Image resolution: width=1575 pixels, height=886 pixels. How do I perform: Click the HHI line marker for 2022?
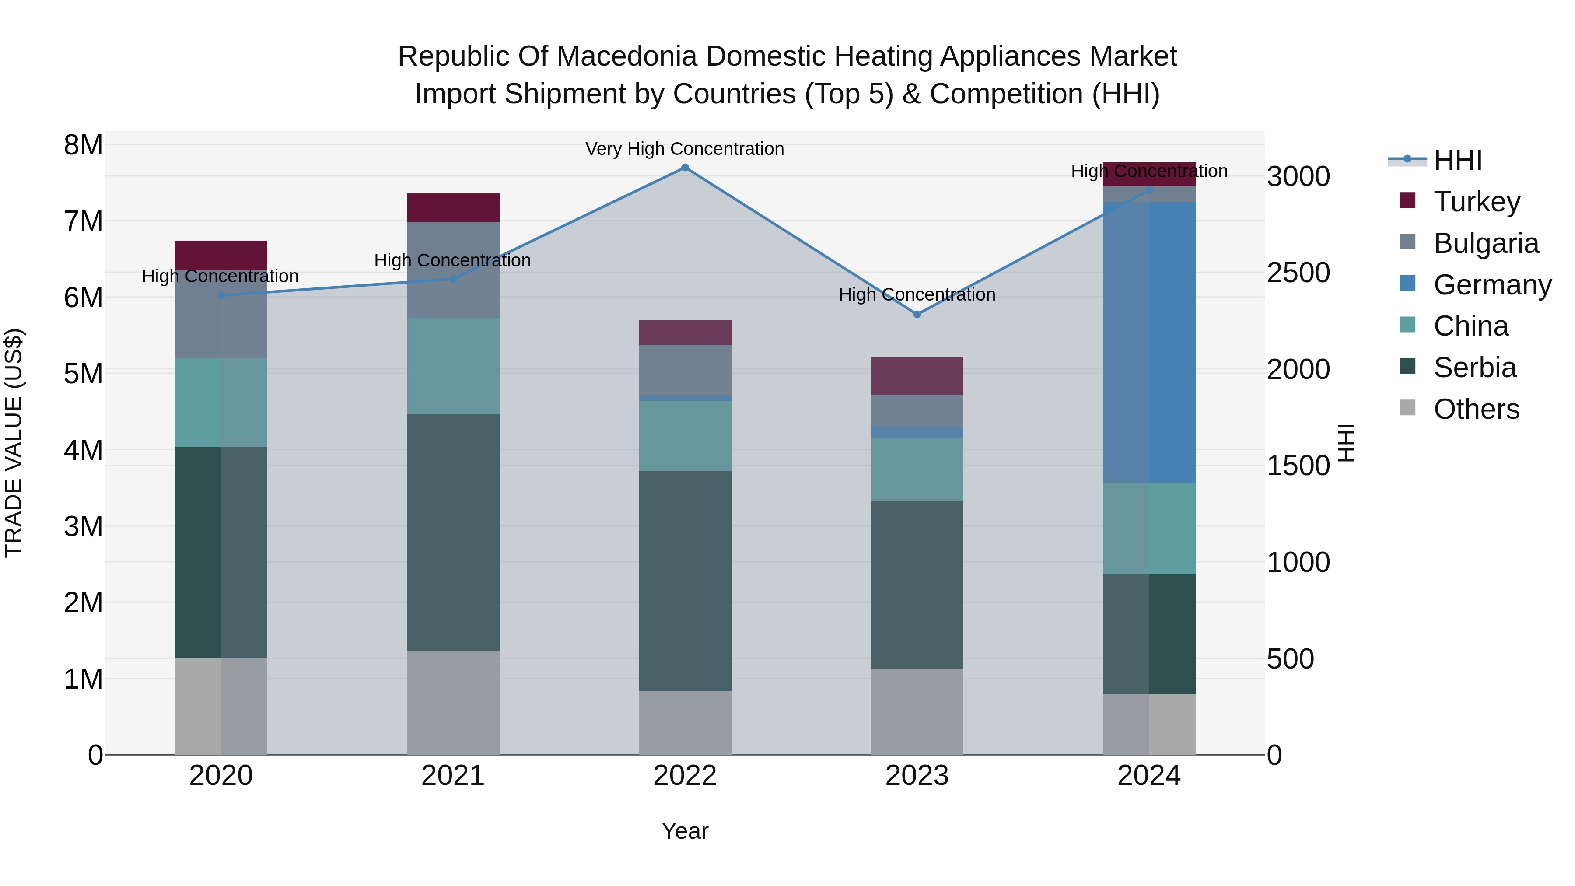685,168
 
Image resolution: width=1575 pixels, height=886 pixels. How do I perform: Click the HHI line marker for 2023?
917,314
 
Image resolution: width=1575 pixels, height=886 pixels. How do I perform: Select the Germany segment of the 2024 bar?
1149,343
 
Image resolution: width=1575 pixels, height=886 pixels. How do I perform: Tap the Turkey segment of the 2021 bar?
453,207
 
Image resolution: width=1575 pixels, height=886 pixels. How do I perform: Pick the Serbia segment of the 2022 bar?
685,581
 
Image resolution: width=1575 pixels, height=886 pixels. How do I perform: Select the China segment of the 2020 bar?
221,403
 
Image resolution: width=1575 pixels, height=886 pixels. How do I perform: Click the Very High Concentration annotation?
684,149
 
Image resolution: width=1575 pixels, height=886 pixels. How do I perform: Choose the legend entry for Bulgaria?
1485,243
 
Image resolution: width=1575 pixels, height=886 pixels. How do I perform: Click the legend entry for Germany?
1491,284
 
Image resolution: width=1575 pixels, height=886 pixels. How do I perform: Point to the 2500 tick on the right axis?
1298,273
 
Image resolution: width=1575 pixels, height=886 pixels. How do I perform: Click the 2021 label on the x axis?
453,775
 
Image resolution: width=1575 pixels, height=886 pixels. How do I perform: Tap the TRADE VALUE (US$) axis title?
14,443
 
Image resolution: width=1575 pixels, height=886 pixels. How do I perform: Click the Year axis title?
685,831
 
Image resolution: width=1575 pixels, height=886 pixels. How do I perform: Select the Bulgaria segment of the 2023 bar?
917,410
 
